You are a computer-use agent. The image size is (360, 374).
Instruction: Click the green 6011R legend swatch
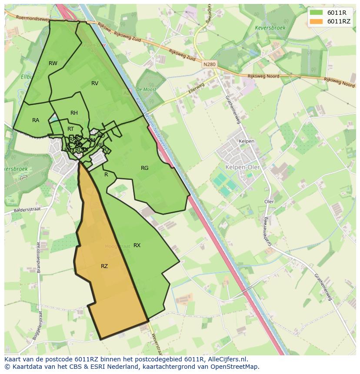(317, 13)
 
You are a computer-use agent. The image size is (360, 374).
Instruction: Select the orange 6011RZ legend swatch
(317, 21)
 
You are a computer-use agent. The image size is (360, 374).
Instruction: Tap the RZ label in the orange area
(104, 266)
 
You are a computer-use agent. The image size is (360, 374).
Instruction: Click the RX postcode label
(137, 245)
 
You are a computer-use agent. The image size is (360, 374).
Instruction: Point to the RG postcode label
(145, 168)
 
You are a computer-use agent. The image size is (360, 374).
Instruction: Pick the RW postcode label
(53, 63)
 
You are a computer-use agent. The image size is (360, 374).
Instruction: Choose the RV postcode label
(95, 83)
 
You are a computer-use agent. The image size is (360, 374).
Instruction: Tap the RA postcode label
(36, 120)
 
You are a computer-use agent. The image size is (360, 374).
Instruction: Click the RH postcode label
(74, 113)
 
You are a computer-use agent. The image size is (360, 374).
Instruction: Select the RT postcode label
(70, 129)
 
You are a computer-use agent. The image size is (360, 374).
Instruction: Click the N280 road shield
(209, 64)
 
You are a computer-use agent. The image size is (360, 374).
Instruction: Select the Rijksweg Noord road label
(263, 76)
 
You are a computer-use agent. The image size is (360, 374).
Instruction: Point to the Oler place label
(269, 202)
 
